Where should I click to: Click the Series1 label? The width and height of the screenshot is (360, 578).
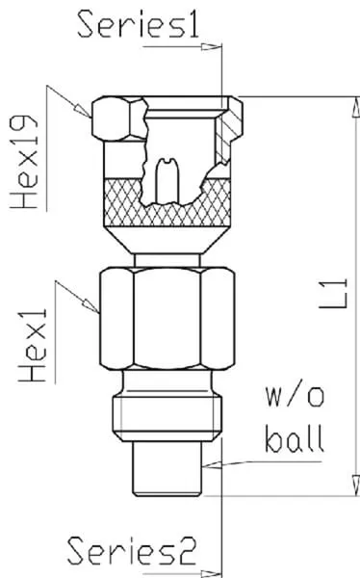(139, 24)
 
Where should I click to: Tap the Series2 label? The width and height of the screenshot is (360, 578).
(132, 551)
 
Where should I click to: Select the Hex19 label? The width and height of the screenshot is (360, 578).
(24, 162)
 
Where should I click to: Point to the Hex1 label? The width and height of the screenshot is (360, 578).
(33, 345)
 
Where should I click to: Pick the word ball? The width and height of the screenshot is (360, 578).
(295, 438)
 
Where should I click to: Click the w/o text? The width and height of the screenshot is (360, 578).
(295, 397)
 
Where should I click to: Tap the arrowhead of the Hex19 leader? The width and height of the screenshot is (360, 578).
(83, 110)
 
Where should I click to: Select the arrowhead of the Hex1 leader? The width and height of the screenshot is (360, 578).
(91, 305)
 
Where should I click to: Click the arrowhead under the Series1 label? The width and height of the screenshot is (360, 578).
(212, 47)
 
